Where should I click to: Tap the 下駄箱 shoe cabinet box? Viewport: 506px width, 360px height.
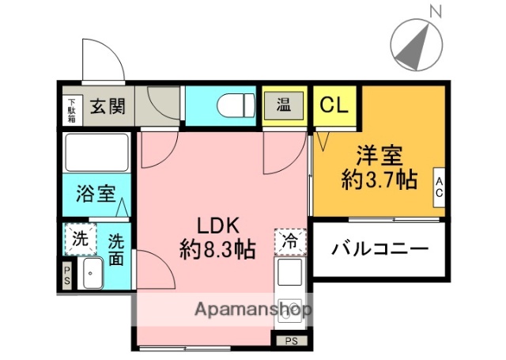point(72,106)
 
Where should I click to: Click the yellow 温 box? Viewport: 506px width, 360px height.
point(283,103)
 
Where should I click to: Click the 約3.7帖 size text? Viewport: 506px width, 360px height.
point(379,180)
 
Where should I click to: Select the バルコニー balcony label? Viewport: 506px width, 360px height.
point(379,249)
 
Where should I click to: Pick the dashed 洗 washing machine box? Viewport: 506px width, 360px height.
point(80,239)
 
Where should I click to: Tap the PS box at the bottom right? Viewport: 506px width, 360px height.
point(292,342)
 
